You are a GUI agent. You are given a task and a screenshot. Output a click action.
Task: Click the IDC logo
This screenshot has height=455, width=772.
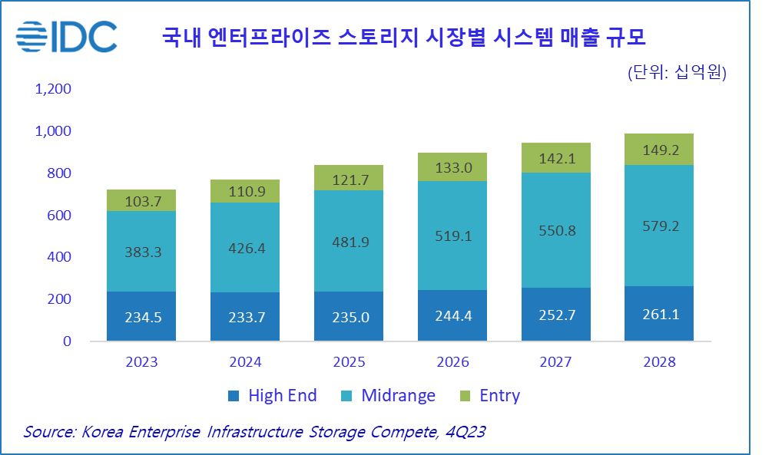coord(67,35)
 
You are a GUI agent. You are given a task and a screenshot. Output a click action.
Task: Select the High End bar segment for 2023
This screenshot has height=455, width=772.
coord(141,316)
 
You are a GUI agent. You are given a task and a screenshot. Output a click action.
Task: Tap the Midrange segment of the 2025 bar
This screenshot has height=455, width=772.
coord(349,241)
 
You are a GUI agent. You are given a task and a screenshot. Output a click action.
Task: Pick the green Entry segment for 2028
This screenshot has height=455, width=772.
coord(658,150)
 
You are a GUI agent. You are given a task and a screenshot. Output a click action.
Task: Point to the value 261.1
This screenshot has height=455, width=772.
coord(658,315)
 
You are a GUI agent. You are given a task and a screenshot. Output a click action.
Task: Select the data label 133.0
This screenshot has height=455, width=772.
coord(452,168)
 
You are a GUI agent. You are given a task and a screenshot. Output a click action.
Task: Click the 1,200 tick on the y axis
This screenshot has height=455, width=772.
coord(53,89)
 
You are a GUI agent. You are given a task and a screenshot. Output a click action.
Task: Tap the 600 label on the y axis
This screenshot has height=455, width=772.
coord(58,216)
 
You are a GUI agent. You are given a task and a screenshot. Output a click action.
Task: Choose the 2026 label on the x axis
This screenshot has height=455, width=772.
coord(452,361)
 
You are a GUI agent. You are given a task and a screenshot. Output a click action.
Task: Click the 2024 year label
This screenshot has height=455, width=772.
coord(245,361)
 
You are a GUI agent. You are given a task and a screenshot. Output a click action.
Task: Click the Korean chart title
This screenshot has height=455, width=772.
coord(403,37)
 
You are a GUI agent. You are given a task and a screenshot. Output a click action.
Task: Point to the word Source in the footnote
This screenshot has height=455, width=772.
coord(48,432)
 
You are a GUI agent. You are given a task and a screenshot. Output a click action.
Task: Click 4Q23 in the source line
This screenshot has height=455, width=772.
coord(465,432)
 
